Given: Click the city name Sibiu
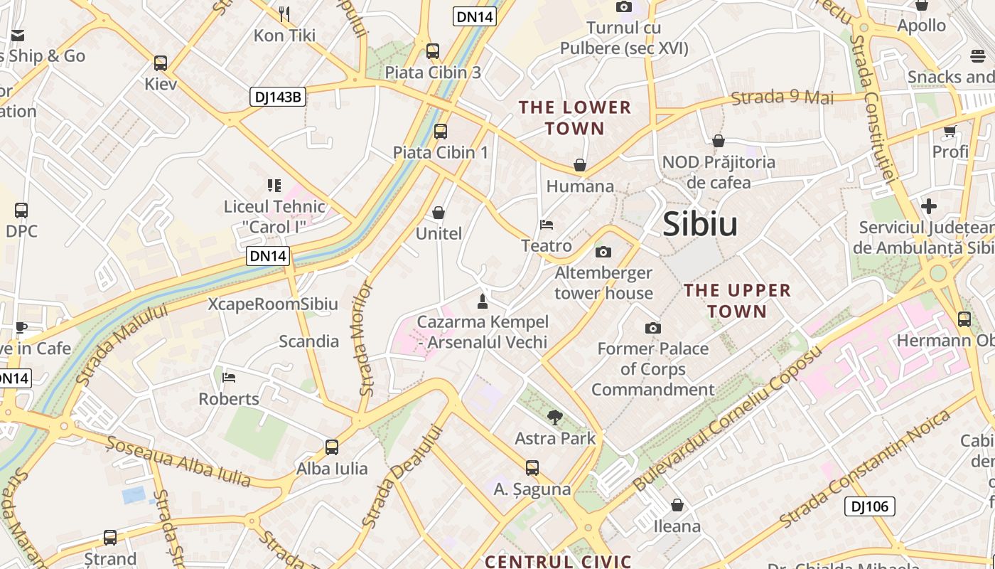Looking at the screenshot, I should [x=700, y=224].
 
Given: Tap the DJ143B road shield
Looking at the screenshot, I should [x=277, y=97].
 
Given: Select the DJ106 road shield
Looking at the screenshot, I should [x=869, y=506].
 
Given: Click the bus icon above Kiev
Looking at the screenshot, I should [x=161, y=63].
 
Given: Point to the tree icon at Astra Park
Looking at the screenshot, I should [x=555, y=418].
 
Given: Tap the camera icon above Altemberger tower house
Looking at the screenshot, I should [x=603, y=252].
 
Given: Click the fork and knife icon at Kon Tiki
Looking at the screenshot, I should [x=284, y=14].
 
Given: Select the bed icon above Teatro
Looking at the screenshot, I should [x=547, y=225].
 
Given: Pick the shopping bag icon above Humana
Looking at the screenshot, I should [x=580, y=165].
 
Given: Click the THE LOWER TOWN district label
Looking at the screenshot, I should [x=574, y=118].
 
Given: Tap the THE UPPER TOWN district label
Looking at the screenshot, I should [x=737, y=301].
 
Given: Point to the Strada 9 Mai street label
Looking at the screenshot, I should [x=782, y=97].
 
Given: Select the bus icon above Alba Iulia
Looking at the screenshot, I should [x=332, y=447].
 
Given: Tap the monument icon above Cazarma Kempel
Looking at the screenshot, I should [x=483, y=301].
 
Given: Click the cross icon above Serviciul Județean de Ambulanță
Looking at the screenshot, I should [x=929, y=206].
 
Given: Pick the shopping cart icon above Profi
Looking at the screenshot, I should [x=950, y=131].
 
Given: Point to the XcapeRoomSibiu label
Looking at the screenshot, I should [x=273, y=304].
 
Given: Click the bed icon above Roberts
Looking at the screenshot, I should [x=229, y=377].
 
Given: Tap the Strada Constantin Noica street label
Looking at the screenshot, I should [x=866, y=467].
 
